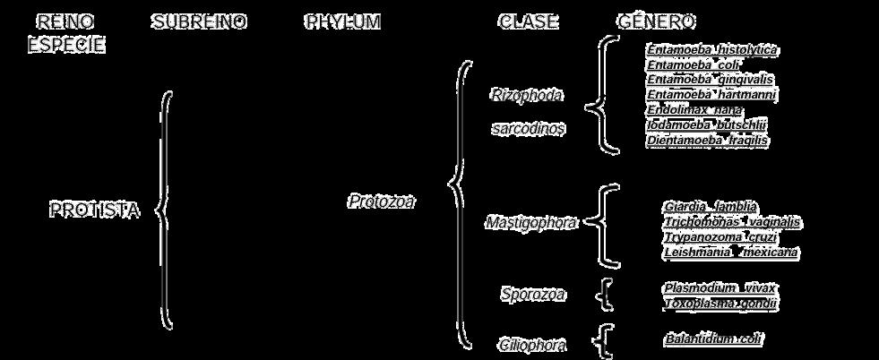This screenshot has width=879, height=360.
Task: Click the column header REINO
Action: click(x=65, y=21)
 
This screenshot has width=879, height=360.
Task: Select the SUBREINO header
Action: click(x=199, y=21)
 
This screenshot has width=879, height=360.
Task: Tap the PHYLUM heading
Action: click(x=342, y=21)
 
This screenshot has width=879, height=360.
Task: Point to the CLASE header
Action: click(x=528, y=21)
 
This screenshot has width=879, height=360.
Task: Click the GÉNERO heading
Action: click(x=657, y=21)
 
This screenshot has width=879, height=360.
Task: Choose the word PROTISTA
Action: click(x=94, y=210)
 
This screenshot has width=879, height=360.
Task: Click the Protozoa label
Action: click(x=381, y=201)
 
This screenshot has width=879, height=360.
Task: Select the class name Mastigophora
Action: click(x=532, y=222)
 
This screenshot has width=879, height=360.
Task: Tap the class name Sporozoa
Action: click(x=533, y=294)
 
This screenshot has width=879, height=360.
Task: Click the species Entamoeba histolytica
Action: click(x=712, y=49)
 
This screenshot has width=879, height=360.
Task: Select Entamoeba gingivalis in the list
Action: click(x=711, y=79)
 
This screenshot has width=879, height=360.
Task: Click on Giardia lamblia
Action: click(x=711, y=206)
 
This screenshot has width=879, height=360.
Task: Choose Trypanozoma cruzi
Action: click(x=720, y=237)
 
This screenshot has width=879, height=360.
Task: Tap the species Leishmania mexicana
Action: click(x=730, y=253)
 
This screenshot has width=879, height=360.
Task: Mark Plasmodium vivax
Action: click(x=720, y=287)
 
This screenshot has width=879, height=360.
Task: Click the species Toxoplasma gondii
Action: click(x=720, y=304)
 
